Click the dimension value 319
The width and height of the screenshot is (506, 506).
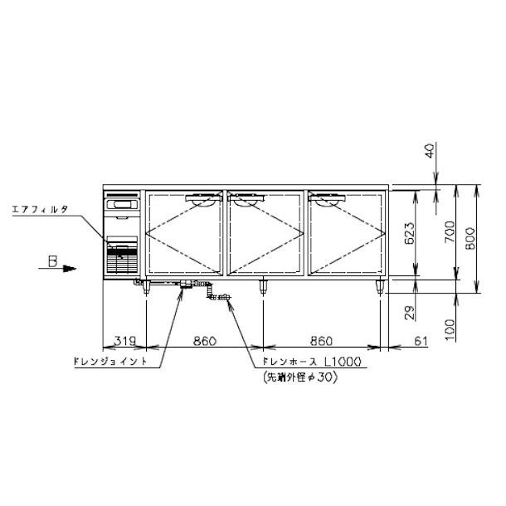pyautogui.click(x=125, y=341)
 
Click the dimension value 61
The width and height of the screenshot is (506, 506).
pyautogui.click(x=421, y=341)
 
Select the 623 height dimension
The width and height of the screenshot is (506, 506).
pyautogui.click(x=409, y=233)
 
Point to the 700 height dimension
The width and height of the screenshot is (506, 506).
pyautogui.click(x=450, y=232)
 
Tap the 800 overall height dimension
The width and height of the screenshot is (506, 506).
pyautogui.click(x=470, y=238)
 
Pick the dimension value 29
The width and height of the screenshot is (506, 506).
pyautogui.click(x=409, y=313)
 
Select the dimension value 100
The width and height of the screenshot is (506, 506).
pyautogui.click(x=450, y=330)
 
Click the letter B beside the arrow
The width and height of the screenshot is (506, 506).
pyautogui.click(x=52, y=261)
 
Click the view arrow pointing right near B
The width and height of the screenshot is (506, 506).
pyautogui.click(x=57, y=269)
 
